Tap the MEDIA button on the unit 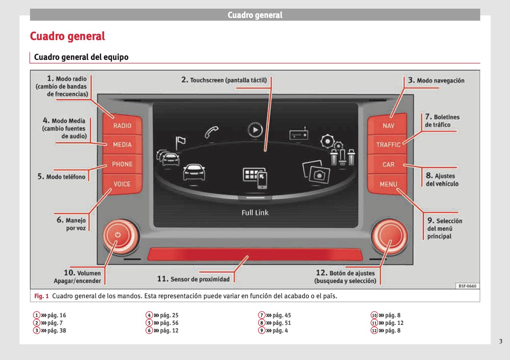coord(122,145)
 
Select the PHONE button coord(122,164)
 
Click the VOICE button coord(122,184)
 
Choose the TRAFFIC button coord(388,145)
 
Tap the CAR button coord(388,164)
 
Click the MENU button coord(388,184)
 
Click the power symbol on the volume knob coord(118,235)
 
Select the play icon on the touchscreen coord(255,130)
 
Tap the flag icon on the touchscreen coord(180,143)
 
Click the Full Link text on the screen coord(255,213)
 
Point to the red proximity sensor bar coord(255,254)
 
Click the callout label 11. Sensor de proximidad coord(193,279)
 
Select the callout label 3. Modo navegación coord(436,80)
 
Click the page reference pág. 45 coord(282,315)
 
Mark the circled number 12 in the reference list coord(374,331)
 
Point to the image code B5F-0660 coord(467,286)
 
